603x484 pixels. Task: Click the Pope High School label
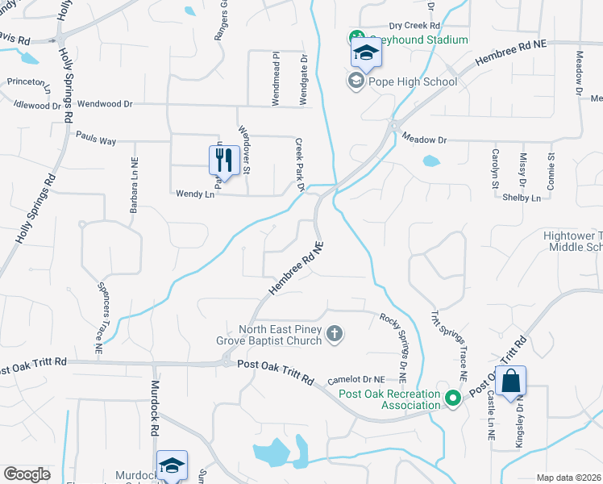pyautogui.click(x=412, y=81)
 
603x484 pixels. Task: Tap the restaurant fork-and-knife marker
pyautogui.click(x=223, y=159)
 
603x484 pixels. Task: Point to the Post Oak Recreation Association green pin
pyautogui.click(x=454, y=397)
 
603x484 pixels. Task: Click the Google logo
pyautogui.click(x=27, y=474)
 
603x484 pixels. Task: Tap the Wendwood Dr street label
pyautogui.click(x=105, y=104)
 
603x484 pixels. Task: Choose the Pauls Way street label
pyautogui.click(x=96, y=141)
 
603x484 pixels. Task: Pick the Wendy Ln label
pyautogui.click(x=196, y=194)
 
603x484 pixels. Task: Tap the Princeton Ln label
pyautogui.click(x=27, y=81)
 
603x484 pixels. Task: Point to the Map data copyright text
pyautogui.click(x=568, y=478)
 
